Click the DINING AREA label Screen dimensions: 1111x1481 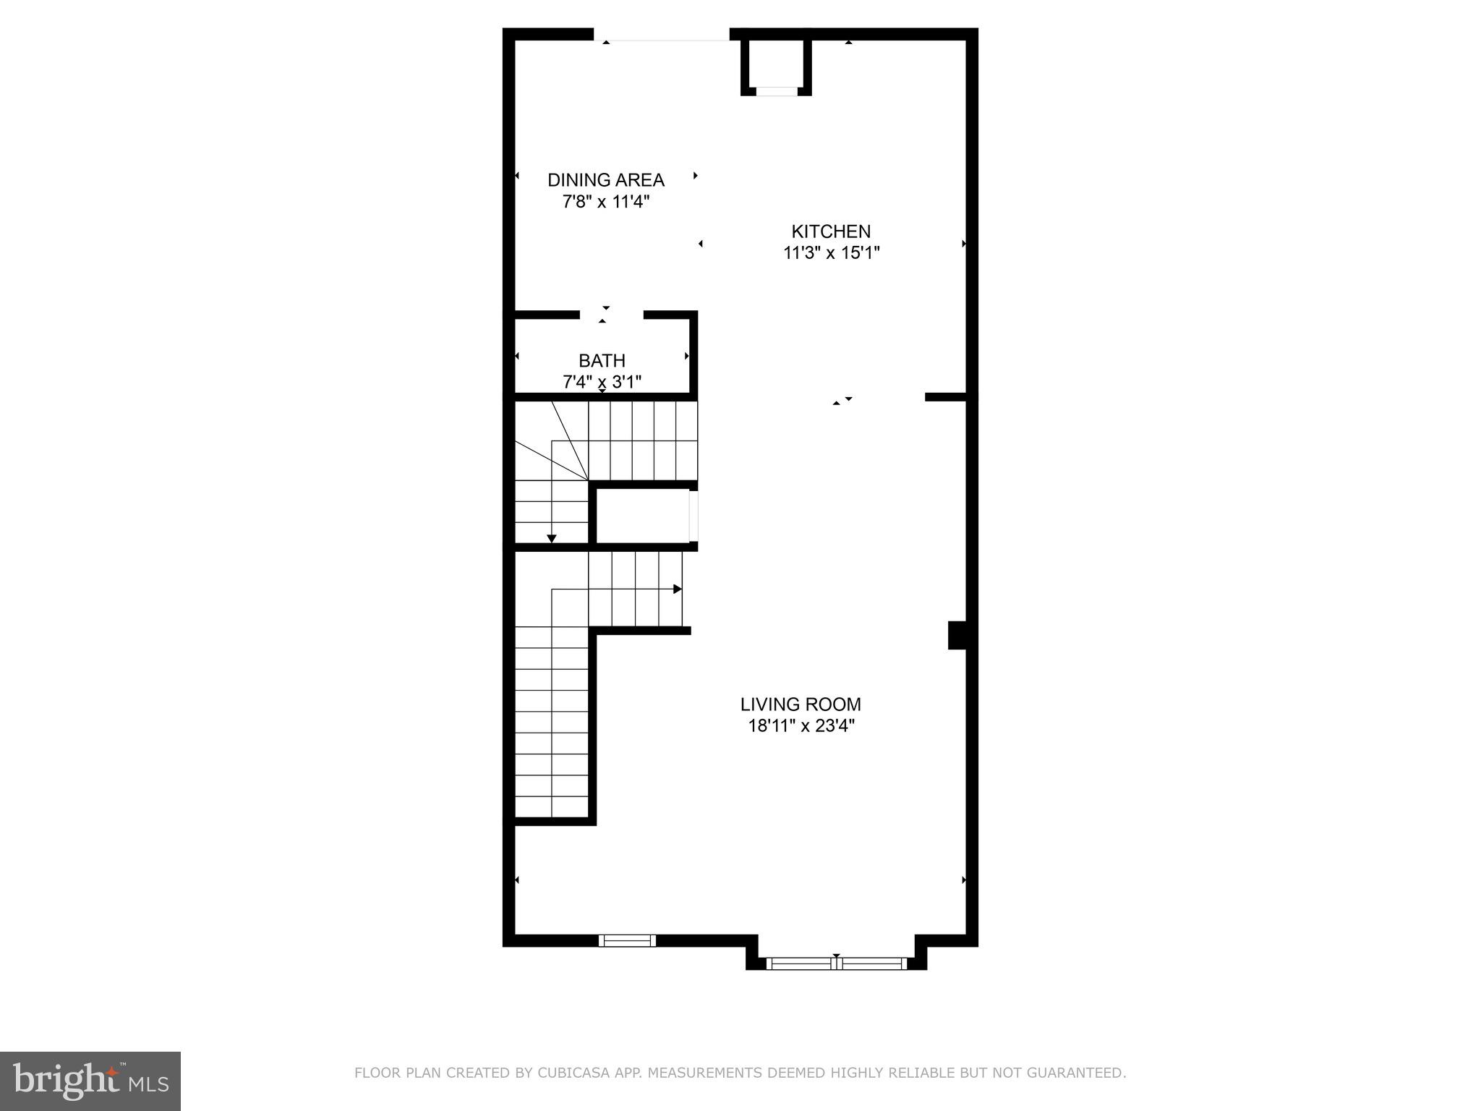605,180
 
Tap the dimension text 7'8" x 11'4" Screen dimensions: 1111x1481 605,202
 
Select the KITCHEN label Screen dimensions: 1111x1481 831,231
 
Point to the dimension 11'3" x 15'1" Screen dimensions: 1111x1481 831,253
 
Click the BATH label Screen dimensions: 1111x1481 602,360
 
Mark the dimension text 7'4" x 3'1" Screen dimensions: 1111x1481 602,381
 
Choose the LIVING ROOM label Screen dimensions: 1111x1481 801,704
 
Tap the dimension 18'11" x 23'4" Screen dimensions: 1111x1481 801,725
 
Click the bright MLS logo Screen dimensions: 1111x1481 90,1081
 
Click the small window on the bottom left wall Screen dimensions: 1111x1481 627,940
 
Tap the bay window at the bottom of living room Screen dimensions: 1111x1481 836,963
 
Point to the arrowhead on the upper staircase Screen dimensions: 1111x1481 552,538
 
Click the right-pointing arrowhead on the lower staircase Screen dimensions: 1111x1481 678,589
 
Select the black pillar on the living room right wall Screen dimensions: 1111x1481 957,635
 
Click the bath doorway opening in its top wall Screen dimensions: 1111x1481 611,315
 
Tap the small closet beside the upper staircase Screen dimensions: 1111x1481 642,516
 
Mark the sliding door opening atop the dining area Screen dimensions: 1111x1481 661,35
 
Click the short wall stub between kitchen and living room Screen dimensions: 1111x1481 945,396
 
